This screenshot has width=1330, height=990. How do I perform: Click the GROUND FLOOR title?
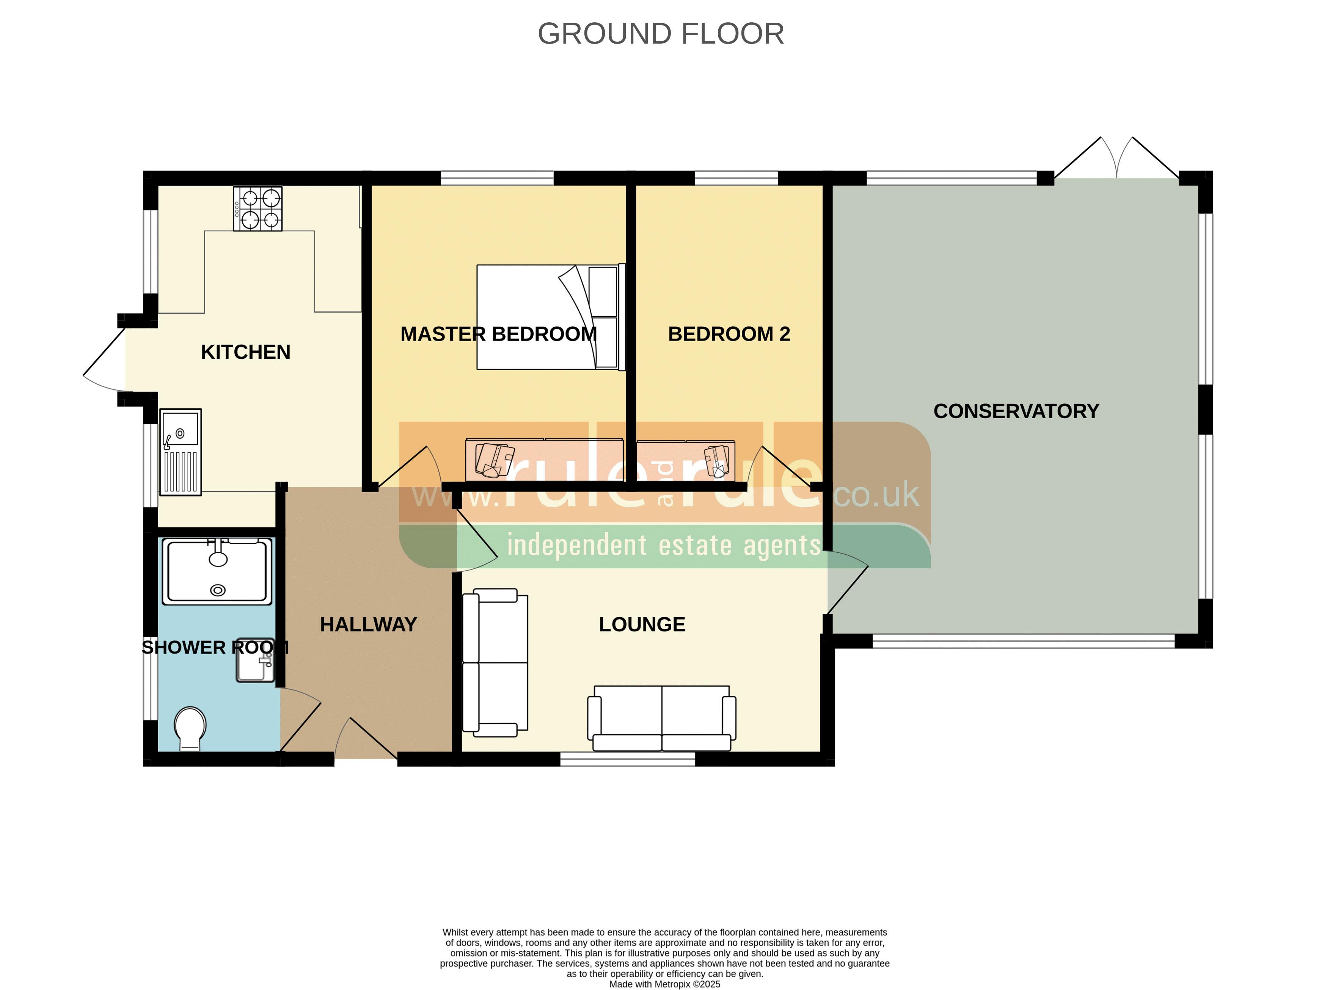[x=661, y=34]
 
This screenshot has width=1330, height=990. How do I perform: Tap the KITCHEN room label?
[x=246, y=352]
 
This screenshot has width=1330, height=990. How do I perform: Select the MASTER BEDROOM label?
[x=499, y=334]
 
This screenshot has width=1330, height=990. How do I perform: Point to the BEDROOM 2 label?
[x=729, y=334]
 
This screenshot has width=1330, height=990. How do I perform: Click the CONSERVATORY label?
[x=1016, y=411]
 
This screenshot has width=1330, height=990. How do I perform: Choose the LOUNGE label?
[x=642, y=624]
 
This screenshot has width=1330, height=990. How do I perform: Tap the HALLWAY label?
[x=368, y=624]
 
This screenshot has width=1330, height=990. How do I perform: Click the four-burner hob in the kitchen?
[x=258, y=209]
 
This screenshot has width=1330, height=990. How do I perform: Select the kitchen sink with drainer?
[x=181, y=452]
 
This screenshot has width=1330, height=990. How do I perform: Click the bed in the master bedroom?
[x=551, y=317]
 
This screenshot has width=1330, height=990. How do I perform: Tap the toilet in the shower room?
[x=190, y=728]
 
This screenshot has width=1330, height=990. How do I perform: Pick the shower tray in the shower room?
[x=218, y=571]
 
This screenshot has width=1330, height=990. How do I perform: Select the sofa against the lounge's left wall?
[x=495, y=663]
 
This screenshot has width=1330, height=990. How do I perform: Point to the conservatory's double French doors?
[x=1116, y=158]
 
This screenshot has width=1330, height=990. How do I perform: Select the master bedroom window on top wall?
[x=498, y=178]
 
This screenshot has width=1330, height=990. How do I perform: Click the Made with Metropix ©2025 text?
[x=665, y=984]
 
